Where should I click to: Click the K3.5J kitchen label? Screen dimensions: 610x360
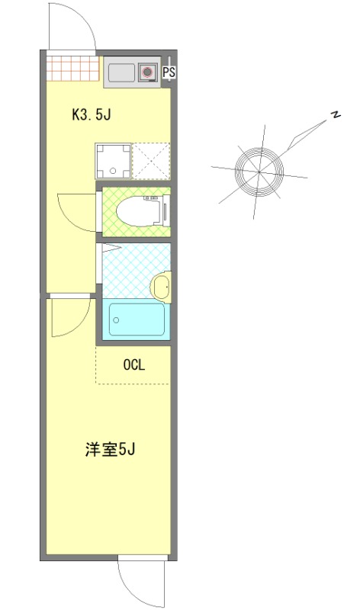tap(92, 115)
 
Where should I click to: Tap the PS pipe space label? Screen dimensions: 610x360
tap(169, 73)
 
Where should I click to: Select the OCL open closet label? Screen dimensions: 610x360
tap(133, 364)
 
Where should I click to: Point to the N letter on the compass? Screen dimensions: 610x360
tap(334, 116)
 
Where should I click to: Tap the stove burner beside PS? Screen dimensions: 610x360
tap(147, 73)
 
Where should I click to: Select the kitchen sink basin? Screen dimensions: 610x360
tap(121, 73)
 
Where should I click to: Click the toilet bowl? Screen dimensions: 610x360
tap(141, 210)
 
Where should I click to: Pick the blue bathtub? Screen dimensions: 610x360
tap(136, 320)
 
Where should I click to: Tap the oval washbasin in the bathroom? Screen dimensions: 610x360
tap(162, 287)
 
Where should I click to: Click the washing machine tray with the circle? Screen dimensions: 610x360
tap(113, 161)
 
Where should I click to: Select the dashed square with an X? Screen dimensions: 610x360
tap(150, 161)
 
